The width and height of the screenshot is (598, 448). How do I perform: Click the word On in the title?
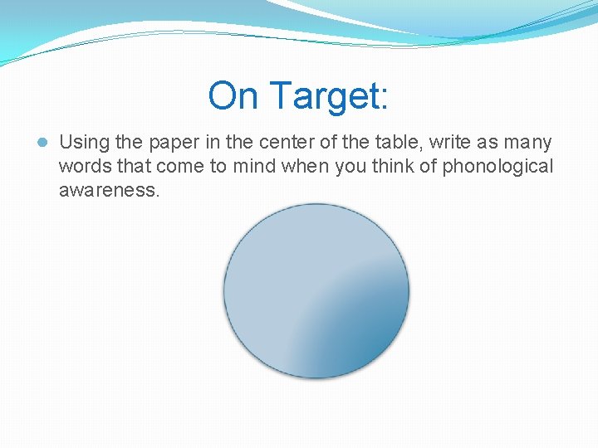point(233,95)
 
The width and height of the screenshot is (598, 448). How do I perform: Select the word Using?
point(84,143)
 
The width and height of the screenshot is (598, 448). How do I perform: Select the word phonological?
point(497,166)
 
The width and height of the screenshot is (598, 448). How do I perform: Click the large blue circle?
point(316,291)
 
